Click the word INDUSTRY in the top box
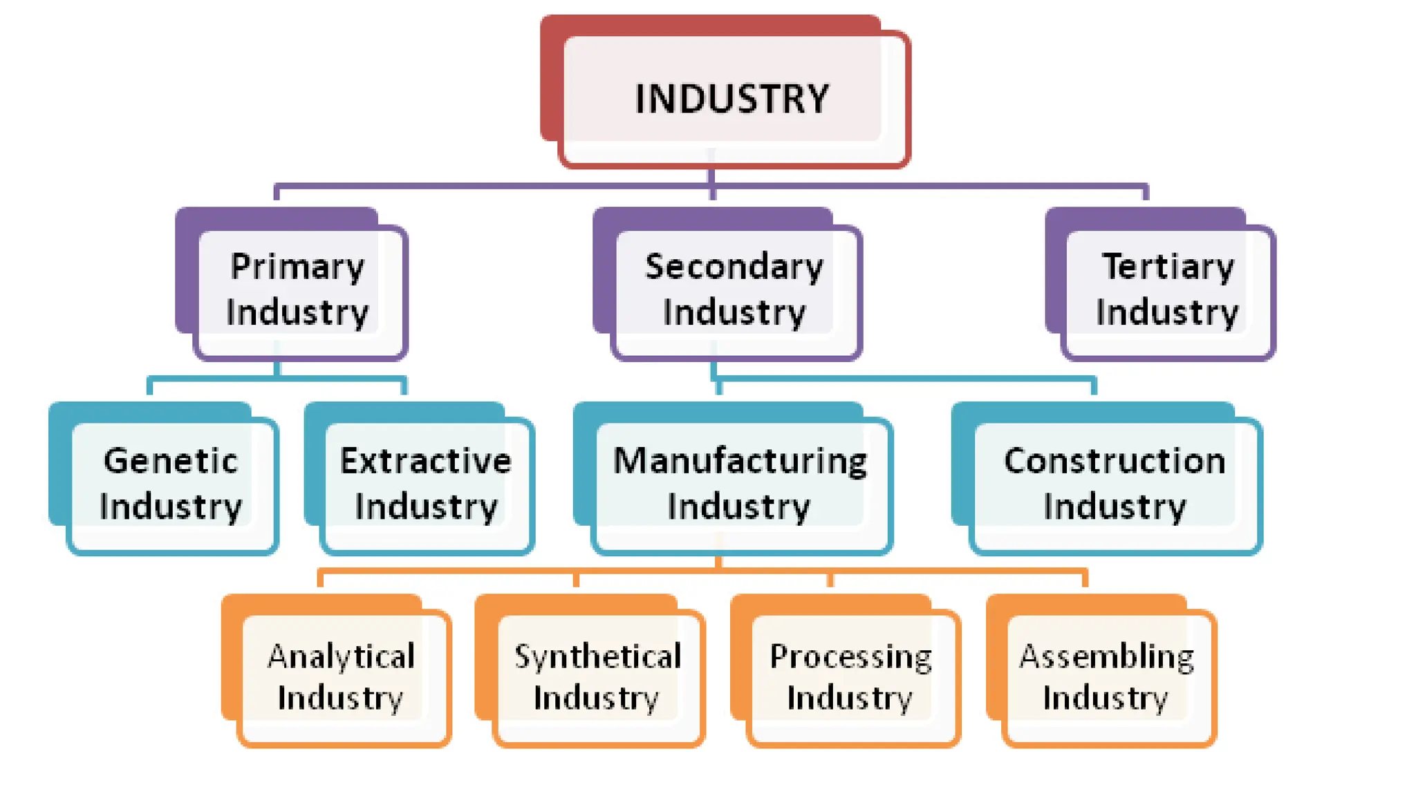(732, 99)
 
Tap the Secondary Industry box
(734, 290)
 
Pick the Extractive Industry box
(426, 484)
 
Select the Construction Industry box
(1115, 484)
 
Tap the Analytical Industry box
(341, 677)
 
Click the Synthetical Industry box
(597, 677)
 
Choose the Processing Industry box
(851, 677)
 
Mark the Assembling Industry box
(1106, 677)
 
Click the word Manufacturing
(740, 461)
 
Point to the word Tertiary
(1168, 267)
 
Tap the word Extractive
(426, 461)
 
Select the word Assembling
(1106, 656)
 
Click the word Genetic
(171, 461)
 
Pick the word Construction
(1115, 461)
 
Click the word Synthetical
(597, 656)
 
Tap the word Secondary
(734, 267)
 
